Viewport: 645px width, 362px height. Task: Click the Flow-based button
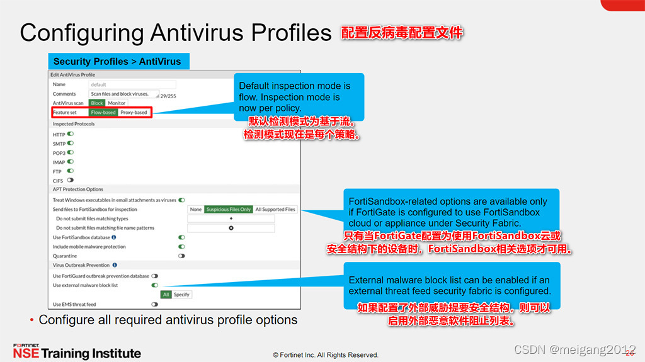103,113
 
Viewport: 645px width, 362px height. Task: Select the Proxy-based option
134,113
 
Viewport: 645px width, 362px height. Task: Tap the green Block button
96,103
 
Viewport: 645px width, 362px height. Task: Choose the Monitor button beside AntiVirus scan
117,103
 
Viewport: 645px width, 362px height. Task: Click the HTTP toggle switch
71,134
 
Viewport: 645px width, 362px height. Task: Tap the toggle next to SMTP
71,144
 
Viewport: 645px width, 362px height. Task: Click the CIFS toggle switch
70,180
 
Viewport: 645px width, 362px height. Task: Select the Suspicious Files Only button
228,209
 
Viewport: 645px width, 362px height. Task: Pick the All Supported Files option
275,209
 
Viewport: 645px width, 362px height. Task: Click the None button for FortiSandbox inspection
196,209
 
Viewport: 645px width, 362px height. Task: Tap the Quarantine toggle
181,256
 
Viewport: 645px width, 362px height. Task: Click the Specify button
181,295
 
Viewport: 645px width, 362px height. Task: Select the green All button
166,295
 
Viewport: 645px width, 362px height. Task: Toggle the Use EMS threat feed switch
154,304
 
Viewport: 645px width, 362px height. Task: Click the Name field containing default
132,84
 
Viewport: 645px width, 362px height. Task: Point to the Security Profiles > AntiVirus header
117,62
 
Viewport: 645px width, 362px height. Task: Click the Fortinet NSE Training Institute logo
77,351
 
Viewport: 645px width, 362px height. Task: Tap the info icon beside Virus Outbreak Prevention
114,266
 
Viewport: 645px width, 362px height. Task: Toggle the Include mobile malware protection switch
181,247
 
